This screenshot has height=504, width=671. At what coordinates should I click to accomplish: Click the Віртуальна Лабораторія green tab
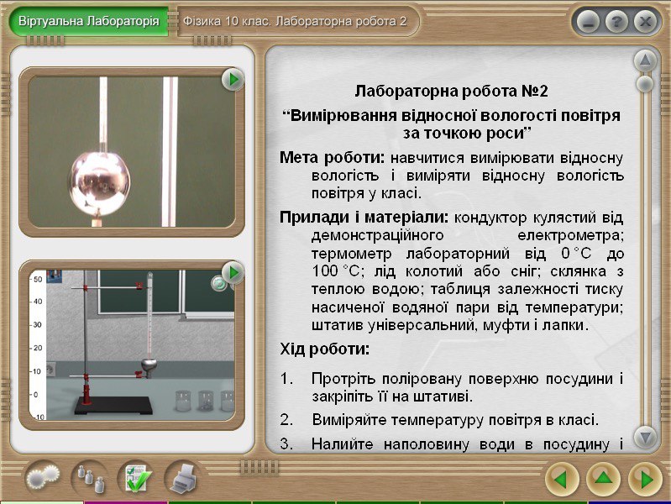coord(88,21)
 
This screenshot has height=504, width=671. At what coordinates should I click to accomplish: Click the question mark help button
coord(616,22)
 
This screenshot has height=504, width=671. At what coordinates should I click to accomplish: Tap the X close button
coord(645,22)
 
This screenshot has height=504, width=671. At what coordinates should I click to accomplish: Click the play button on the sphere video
coord(233,79)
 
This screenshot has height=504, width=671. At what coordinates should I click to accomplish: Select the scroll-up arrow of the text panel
coord(645,61)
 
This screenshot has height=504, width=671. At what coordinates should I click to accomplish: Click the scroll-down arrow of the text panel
coord(645,437)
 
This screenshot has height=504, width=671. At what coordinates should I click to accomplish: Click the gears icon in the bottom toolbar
coord(43,477)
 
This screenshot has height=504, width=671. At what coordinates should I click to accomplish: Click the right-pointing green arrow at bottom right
coord(645,479)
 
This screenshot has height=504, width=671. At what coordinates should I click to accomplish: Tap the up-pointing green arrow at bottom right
coord(603,479)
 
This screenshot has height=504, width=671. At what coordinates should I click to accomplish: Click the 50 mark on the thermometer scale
coord(38,280)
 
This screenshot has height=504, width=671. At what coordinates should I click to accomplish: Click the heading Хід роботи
coord(324,349)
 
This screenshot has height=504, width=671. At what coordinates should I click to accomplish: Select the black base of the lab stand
coord(114,405)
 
